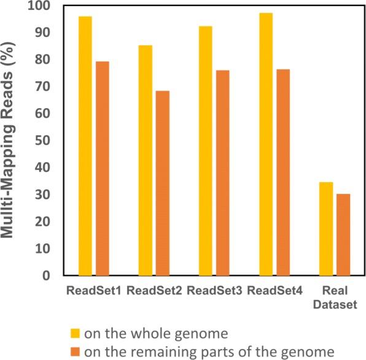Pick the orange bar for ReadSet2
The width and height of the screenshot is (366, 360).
[162, 183]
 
